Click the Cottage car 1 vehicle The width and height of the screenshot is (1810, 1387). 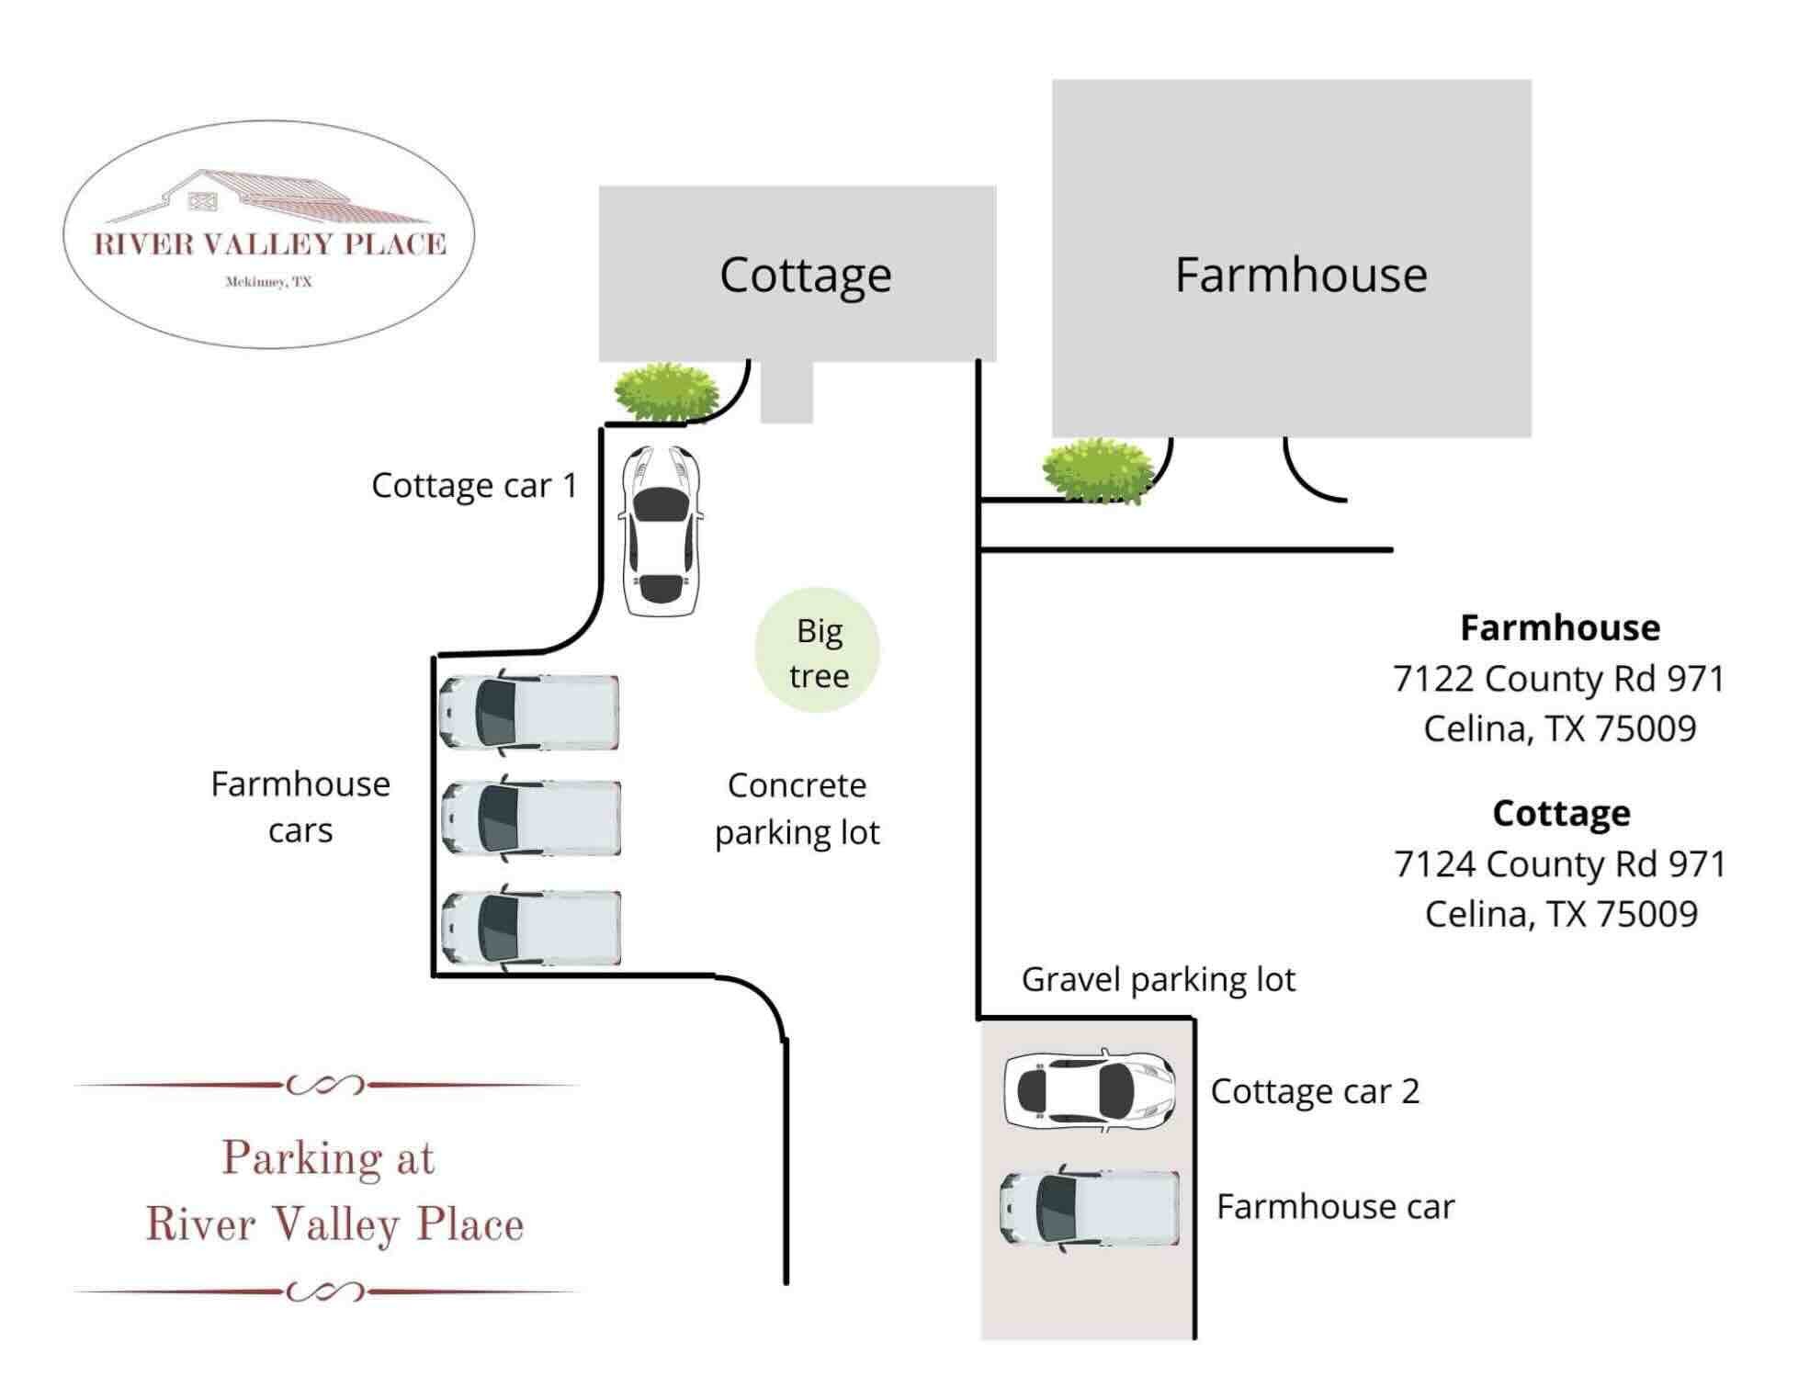tap(660, 531)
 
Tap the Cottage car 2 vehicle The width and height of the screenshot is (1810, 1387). tap(1090, 1089)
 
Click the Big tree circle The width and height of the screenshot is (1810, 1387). tap(817, 651)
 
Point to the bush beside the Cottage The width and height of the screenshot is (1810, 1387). tap(666, 392)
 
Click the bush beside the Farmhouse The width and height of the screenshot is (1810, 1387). tap(1098, 469)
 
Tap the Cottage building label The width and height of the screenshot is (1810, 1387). tap(805, 275)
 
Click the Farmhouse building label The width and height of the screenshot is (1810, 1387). tap(1300, 275)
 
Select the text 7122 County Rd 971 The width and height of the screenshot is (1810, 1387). tap(1558, 679)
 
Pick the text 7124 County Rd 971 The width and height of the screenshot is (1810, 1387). tap(1559, 864)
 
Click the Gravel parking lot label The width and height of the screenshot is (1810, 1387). tap(1158, 980)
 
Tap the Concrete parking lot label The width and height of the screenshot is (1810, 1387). tap(797, 809)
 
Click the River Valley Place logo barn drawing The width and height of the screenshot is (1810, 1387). tap(266, 198)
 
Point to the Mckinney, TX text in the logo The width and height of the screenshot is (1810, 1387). tap(268, 282)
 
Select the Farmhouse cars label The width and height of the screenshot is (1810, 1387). tap(300, 806)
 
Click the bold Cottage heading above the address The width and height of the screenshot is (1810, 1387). tap(1561, 813)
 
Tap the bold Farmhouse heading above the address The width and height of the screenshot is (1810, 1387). tap(1559, 628)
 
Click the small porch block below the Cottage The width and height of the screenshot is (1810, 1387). tap(786, 393)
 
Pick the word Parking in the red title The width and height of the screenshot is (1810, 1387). tap(300, 1158)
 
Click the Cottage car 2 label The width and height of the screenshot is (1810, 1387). tap(1314, 1091)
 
